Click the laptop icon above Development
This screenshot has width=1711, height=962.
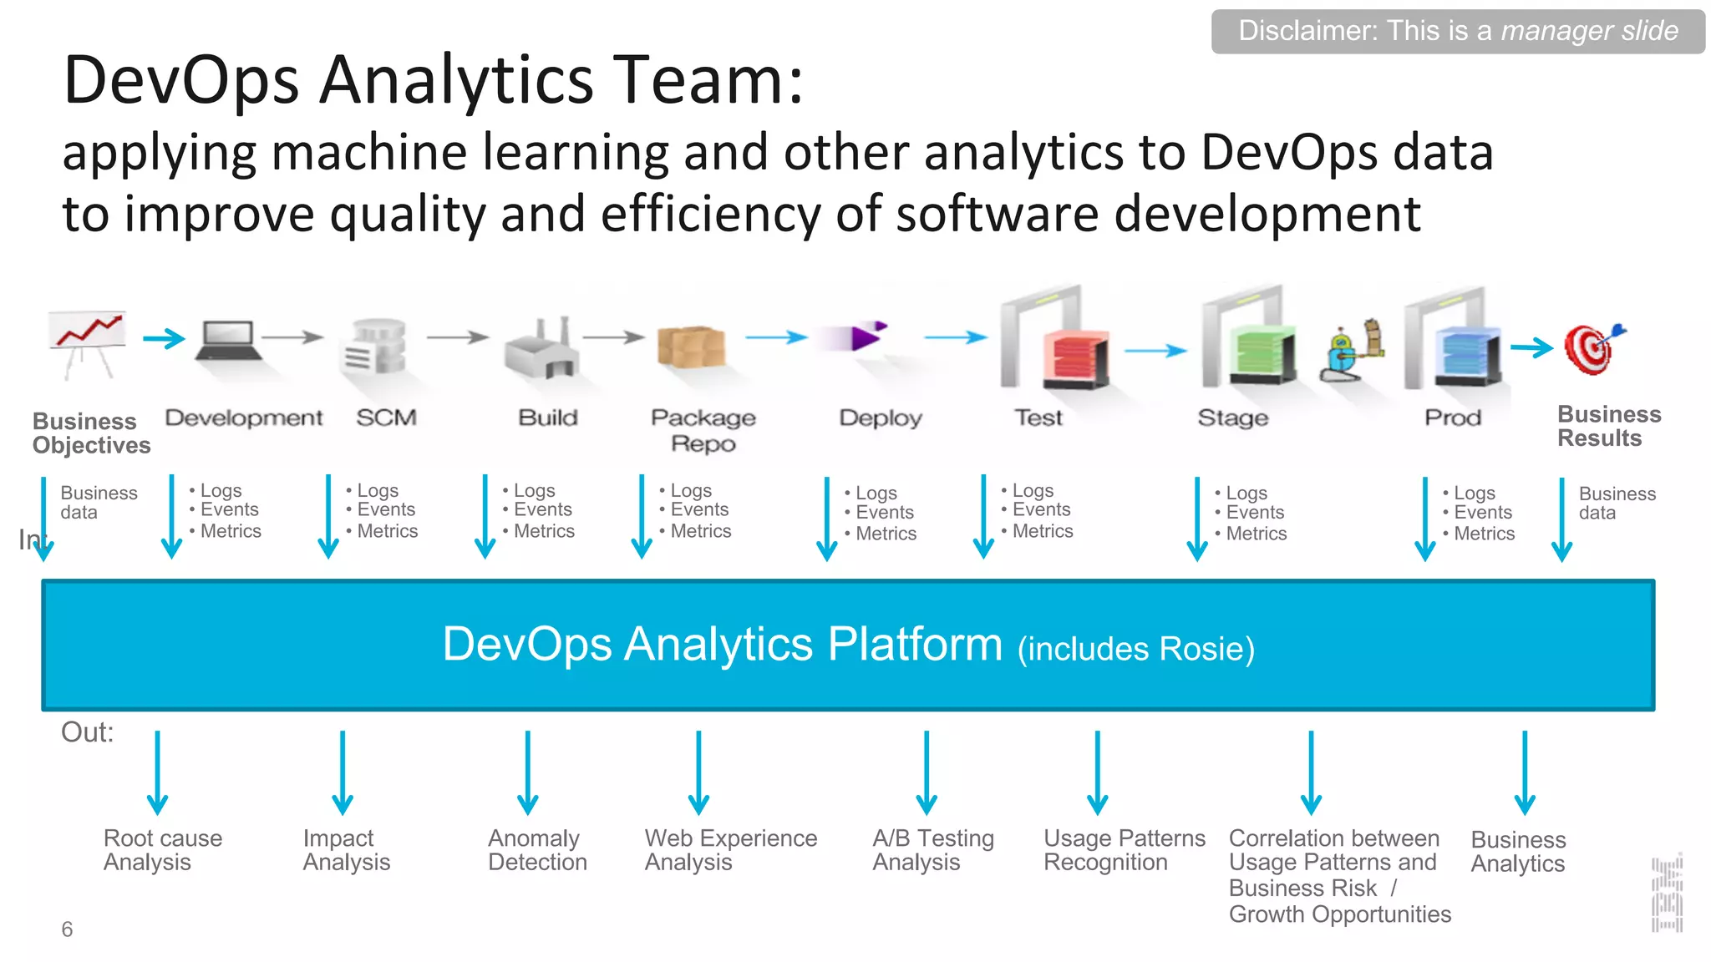[x=226, y=340]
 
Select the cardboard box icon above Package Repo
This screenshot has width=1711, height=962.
[x=691, y=347]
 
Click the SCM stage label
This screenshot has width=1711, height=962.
[x=386, y=418]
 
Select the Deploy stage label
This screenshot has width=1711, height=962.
[x=881, y=418]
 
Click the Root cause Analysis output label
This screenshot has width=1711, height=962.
[x=162, y=850]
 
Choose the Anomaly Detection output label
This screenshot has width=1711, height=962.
[x=537, y=850]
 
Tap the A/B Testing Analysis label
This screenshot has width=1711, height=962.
[x=933, y=850]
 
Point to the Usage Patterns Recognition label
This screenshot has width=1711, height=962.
[x=1124, y=850]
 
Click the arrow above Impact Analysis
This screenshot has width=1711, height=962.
[x=343, y=772]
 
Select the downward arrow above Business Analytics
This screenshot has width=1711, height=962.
[x=1525, y=772]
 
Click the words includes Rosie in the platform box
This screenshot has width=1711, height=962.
[x=1136, y=650]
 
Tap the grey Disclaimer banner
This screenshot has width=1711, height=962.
[x=1458, y=32]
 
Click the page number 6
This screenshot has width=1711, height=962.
[x=67, y=929]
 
